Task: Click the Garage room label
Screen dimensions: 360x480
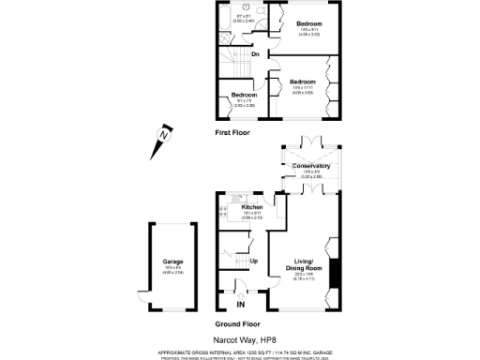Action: (172, 262)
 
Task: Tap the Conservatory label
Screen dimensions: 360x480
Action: (311, 165)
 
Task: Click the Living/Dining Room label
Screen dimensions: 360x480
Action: (302, 265)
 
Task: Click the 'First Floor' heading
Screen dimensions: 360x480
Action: (234, 133)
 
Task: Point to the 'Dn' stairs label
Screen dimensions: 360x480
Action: (255, 54)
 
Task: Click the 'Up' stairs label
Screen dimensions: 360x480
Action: (254, 261)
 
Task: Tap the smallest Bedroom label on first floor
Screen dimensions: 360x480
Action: (245, 96)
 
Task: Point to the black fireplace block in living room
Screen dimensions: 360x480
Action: (335, 277)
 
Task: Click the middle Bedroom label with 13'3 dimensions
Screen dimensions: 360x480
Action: (302, 82)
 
